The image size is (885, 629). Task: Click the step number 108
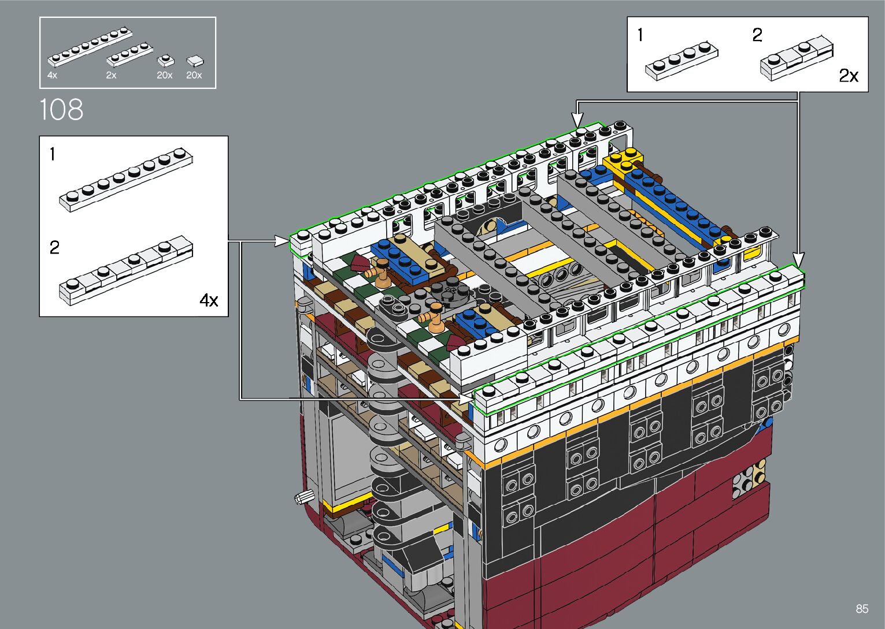[x=61, y=109]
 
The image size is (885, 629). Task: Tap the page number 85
[x=862, y=608]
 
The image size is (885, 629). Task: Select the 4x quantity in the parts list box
[x=52, y=75]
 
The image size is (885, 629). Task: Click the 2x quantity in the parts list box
[x=111, y=75]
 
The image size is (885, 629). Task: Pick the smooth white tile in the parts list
[x=195, y=61]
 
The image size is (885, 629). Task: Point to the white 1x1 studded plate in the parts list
[x=165, y=61]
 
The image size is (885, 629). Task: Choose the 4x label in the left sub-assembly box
[x=209, y=300]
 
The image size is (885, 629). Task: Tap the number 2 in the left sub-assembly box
[x=54, y=248]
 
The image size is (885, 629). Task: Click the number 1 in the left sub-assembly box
[x=53, y=154]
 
